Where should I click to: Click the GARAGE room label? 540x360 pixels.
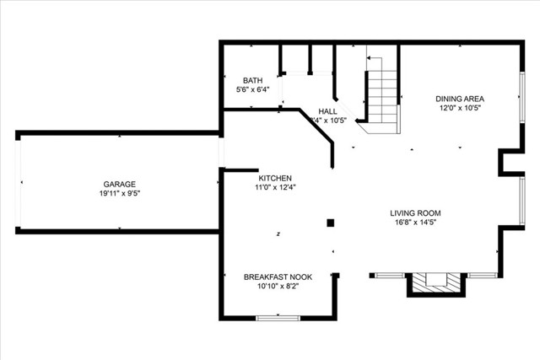click(x=119, y=184)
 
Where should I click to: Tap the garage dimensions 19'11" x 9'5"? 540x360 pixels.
click(x=119, y=193)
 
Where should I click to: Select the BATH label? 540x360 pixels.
click(x=252, y=80)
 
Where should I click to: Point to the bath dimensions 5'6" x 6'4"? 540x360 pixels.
click(x=252, y=89)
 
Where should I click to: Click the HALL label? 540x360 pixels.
click(x=328, y=111)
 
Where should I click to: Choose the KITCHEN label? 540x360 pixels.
click(x=275, y=178)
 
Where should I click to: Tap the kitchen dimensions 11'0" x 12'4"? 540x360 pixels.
click(x=275, y=187)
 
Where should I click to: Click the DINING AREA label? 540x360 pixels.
click(x=460, y=98)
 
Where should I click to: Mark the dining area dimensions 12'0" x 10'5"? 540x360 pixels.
click(x=460, y=107)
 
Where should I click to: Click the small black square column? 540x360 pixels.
click(x=331, y=223)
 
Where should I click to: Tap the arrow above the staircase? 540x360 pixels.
click(x=370, y=56)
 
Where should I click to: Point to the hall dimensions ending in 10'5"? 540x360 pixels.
click(x=328, y=121)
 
